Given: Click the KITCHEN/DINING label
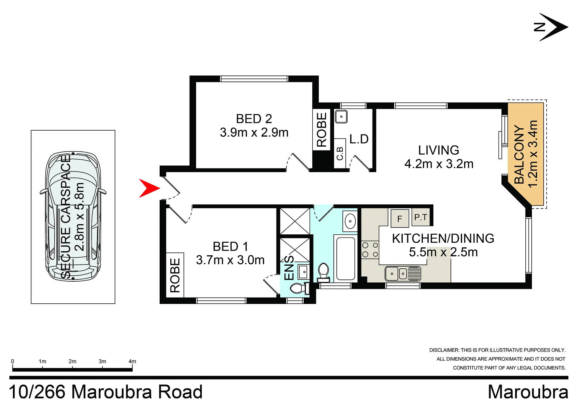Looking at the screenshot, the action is (x=443, y=238).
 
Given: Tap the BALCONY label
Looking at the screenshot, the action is (x=519, y=154).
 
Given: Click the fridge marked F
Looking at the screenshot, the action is (x=400, y=218).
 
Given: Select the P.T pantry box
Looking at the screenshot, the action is (x=421, y=217).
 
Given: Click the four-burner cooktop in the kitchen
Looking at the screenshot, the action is (x=370, y=250).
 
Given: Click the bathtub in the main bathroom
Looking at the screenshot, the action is (x=345, y=258).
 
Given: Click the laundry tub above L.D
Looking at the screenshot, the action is (x=341, y=117).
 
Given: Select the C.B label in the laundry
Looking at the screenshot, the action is (x=340, y=153).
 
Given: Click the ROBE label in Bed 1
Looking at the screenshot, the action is (x=175, y=275).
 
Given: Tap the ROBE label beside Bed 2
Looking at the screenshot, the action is (x=322, y=130).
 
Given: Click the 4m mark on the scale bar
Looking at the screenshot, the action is (x=132, y=361).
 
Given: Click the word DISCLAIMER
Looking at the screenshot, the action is (x=444, y=350).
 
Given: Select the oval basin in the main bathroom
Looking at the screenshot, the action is (x=350, y=221).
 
